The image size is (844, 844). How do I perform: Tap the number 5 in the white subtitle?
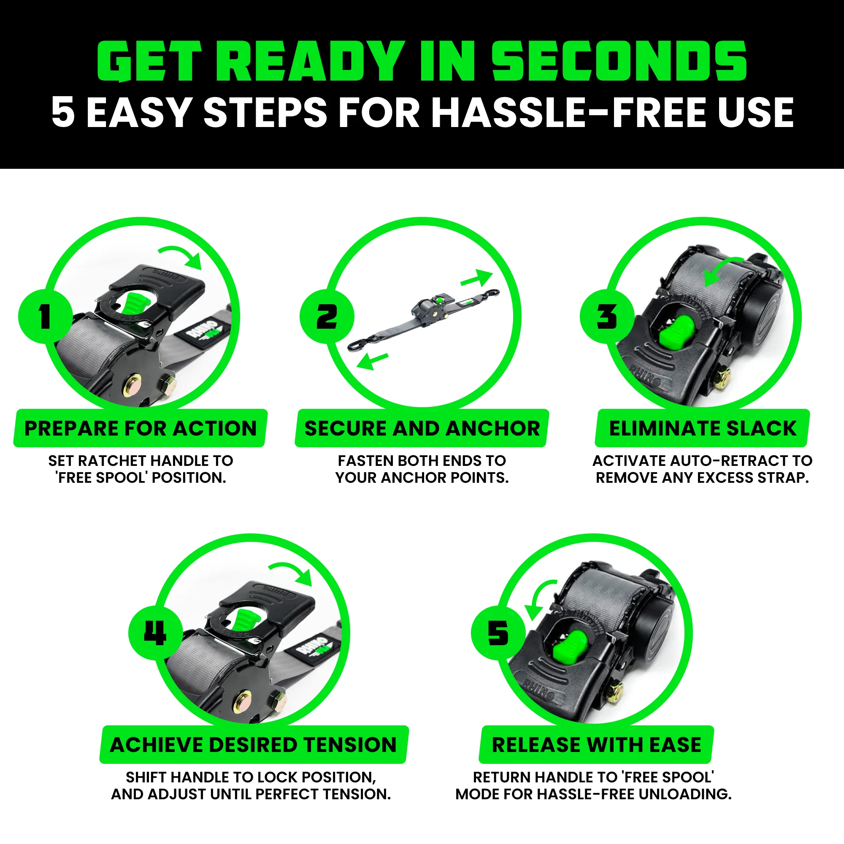coord(63,112)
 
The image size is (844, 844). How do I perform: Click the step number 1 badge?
coord(46,316)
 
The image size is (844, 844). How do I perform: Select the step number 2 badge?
coord(326,316)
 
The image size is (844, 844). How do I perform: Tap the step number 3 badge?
coord(607,316)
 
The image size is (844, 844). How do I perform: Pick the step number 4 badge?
coord(156,633)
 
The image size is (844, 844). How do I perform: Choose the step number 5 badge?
coord(498,633)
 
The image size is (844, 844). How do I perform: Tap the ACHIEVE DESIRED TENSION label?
coord(253,745)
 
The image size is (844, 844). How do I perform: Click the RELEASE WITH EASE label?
coord(596,745)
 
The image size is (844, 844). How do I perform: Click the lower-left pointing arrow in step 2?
coord(372,361)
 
